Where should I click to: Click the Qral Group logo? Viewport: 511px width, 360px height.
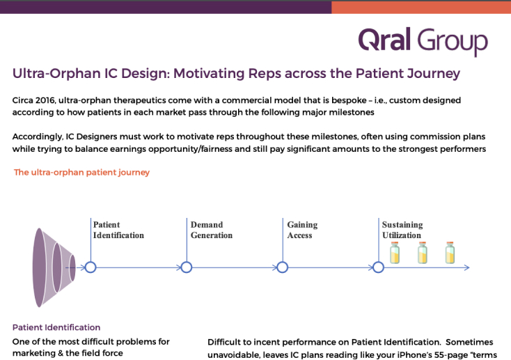click(423, 41)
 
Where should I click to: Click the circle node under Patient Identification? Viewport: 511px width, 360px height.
click(91, 267)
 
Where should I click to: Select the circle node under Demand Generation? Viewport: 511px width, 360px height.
click(187, 267)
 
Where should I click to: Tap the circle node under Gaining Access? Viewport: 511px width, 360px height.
click(283, 267)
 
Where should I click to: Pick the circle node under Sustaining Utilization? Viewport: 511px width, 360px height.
click(378, 267)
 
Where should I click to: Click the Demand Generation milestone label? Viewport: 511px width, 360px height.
click(212, 230)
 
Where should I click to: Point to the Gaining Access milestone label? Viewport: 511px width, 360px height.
click(302, 230)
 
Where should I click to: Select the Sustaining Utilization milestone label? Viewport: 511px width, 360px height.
click(402, 230)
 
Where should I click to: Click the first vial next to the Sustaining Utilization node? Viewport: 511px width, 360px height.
click(395, 253)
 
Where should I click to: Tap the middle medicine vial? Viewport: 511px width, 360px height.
click(423, 253)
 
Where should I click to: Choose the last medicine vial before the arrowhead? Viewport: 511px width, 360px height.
click(450, 253)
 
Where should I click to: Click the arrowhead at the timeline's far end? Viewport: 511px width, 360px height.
click(467, 267)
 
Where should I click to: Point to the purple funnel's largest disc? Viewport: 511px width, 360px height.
click(39, 267)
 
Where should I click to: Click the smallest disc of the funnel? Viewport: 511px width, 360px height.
click(72, 267)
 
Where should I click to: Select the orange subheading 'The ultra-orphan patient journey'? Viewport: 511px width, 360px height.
click(81, 172)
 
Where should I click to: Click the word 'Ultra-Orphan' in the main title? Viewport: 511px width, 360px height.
click(56, 73)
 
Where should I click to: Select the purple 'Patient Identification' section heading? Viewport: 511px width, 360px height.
click(56, 327)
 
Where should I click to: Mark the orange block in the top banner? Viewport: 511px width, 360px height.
click(421, 7)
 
